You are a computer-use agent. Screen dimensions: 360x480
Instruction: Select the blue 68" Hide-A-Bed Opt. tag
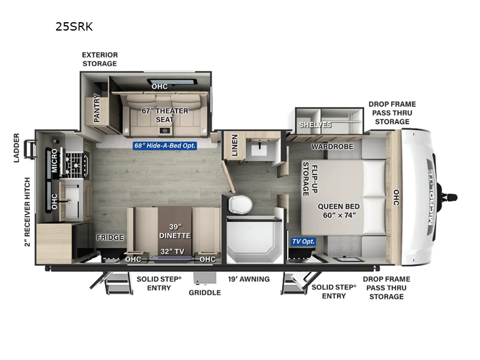pos(165,145)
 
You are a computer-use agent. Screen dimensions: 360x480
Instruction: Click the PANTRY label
pos(97,110)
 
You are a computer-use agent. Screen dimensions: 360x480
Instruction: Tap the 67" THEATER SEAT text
pos(165,115)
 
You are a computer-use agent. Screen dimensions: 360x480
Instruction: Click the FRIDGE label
pos(110,237)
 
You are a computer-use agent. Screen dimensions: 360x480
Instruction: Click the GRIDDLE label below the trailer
pos(205,293)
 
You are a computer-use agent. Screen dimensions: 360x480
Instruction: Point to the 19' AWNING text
pos(248,279)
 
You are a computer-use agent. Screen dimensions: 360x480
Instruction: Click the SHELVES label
pos(315,125)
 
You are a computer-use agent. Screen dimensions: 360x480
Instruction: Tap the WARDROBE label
pos(332,146)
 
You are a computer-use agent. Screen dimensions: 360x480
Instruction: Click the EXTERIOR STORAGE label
pos(100,59)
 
